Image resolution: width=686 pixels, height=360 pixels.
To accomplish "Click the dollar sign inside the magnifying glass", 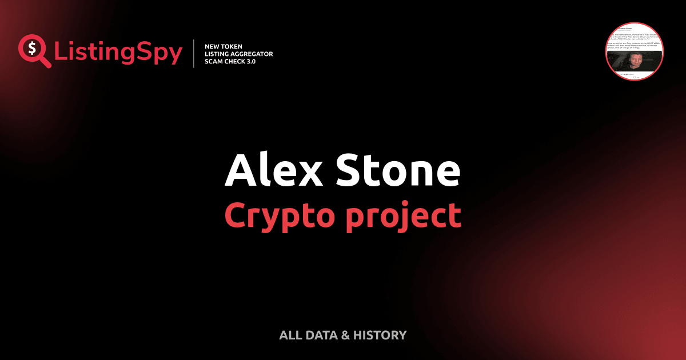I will (x=33, y=48).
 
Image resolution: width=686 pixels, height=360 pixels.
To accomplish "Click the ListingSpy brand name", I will (x=118, y=53).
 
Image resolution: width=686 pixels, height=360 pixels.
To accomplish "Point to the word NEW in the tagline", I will (x=213, y=46).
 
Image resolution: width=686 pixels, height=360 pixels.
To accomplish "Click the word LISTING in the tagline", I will (x=220, y=54).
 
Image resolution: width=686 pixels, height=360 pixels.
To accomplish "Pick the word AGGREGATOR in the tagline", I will (x=255, y=54).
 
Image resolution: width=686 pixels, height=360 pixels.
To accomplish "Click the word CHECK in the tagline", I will (x=238, y=61).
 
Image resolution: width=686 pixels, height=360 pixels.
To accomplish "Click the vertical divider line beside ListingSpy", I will (x=195, y=53).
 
